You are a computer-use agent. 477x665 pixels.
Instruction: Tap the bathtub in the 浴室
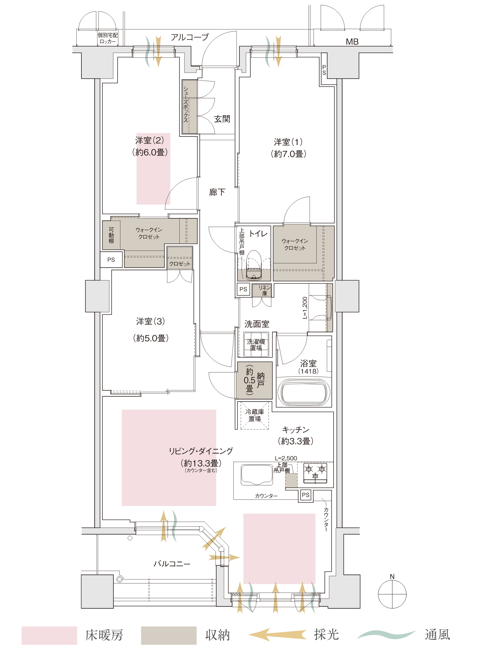click(x=302, y=392)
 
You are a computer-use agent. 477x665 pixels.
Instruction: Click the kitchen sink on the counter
click(x=257, y=475)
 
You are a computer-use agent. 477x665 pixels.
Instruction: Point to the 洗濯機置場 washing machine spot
click(x=256, y=344)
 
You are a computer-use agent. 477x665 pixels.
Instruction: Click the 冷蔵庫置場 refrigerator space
click(x=255, y=415)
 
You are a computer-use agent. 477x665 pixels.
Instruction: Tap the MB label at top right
click(x=352, y=42)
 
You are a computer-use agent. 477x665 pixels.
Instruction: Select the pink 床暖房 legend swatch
click(x=49, y=636)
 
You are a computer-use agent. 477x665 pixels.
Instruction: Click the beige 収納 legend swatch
click(x=169, y=636)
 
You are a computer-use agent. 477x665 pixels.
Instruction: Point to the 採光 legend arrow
click(x=278, y=634)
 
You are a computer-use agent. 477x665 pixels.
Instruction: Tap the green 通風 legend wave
click(x=386, y=634)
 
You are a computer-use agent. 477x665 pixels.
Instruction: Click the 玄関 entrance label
click(x=222, y=119)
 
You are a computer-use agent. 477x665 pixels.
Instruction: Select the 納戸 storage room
click(x=254, y=380)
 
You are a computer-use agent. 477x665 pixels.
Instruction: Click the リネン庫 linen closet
click(x=262, y=290)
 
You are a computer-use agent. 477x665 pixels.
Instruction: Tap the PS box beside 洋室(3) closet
click(x=111, y=260)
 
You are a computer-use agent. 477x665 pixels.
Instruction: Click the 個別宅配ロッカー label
click(x=108, y=38)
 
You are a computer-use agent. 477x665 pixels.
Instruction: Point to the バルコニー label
click(x=172, y=564)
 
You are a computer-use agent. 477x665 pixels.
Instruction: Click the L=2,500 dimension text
click(x=286, y=458)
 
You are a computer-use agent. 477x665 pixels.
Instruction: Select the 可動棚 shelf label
click(x=111, y=235)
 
